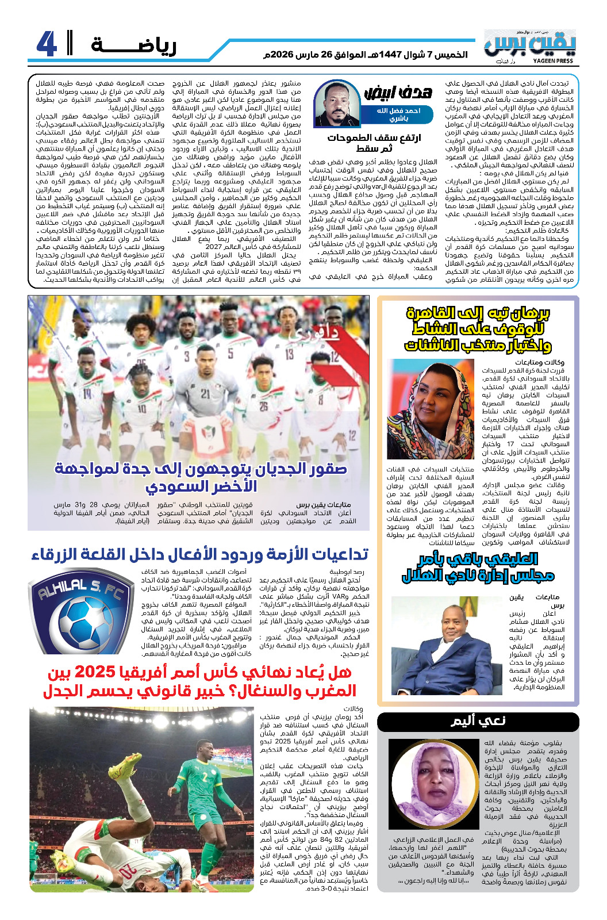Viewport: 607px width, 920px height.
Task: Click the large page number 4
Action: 46,44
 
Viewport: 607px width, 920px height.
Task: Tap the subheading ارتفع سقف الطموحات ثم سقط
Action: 374,143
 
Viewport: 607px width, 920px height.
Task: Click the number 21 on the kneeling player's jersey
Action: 205,394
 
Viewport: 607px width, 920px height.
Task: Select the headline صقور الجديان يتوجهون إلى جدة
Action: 201,477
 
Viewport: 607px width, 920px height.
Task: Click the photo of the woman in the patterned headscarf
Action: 431,409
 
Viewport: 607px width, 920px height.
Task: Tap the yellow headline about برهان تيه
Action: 478,329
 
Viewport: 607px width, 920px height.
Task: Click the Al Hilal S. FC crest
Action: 81,610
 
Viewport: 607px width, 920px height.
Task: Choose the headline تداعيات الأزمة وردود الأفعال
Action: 199,554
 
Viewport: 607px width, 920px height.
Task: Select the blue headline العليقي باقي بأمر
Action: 478,567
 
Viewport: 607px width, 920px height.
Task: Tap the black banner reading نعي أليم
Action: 478,721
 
